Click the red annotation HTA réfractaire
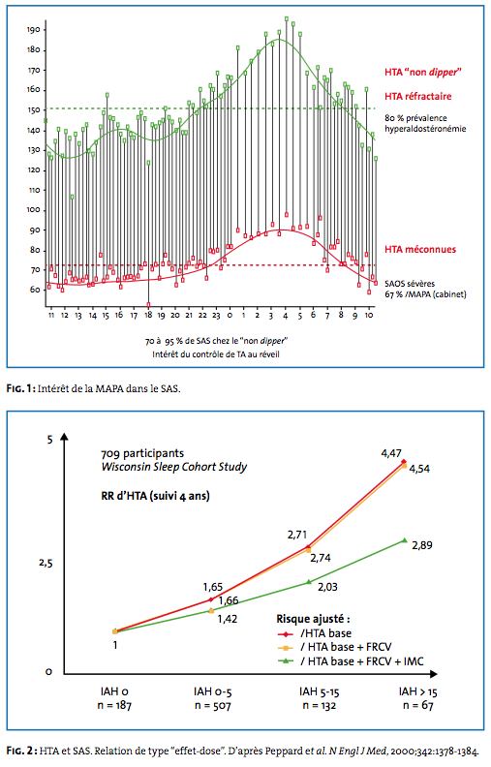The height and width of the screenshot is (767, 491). (x=417, y=97)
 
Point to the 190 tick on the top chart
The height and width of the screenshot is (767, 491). (x=34, y=30)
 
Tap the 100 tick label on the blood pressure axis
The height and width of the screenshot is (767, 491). (x=34, y=210)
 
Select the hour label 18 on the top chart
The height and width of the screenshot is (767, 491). (x=148, y=316)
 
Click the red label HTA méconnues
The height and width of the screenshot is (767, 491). (x=420, y=250)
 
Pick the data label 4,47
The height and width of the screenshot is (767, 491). (x=391, y=453)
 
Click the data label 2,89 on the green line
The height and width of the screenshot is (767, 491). (x=422, y=545)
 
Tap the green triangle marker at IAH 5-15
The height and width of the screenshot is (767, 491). (x=309, y=582)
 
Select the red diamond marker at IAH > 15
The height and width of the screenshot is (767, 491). (x=404, y=461)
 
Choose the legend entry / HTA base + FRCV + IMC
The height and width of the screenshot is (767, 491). (x=362, y=661)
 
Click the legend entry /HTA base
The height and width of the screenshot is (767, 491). (x=325, y=633)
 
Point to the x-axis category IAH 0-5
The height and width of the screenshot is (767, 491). (x=213, y=691)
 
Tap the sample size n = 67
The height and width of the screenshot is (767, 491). (x=418, y=705)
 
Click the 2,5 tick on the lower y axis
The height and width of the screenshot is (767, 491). (x=46, y=563)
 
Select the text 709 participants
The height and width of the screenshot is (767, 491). (x=142, y=453)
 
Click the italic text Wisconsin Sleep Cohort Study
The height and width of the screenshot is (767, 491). (x=174, y=467)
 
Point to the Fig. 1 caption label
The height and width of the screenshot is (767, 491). (x=20, y=389)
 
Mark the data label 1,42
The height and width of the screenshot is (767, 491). (x=228, y=619)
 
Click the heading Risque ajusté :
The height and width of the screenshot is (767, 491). (x=313, y=619)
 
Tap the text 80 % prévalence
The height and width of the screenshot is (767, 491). (x=415, y=118)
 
